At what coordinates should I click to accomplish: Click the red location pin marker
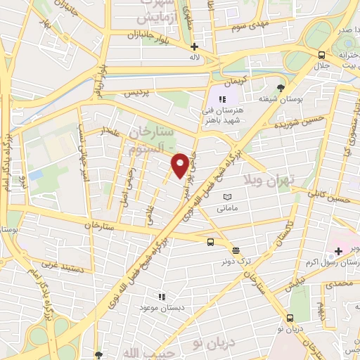[x=181, y=165]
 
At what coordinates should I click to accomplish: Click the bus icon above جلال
[x=321, y=55]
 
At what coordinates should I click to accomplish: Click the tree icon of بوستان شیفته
[x=281, y=87]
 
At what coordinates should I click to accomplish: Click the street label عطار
[x=111, y=131]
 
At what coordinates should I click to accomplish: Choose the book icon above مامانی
[x=226, y=197]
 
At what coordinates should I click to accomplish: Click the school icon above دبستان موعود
[x=162, y=297]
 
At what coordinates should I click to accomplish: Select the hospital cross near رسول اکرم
[x=338, y=250]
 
